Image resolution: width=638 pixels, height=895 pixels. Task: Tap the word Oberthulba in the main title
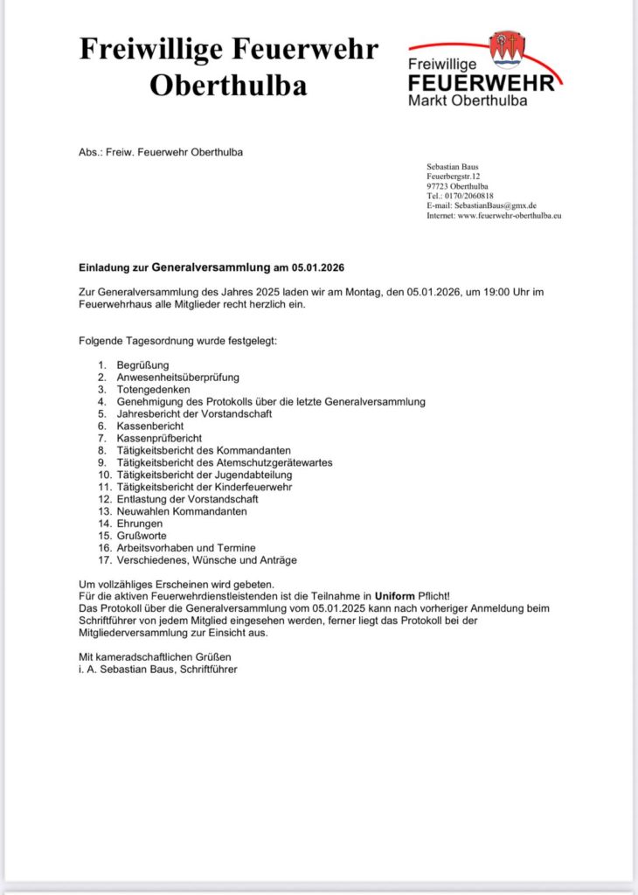tap(228, 85)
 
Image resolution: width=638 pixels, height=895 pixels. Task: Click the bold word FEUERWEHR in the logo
tap(481, 83)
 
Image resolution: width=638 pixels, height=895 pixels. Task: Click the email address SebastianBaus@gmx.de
tap(493, 205)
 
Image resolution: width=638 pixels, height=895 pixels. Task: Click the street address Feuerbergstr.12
tap(453, 177)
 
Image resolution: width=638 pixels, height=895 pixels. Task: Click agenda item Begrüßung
tap(142, 364)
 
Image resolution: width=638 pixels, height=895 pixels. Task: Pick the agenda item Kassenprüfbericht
tap(159, 438)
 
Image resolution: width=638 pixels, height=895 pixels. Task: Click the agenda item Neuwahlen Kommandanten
tap(182, 511)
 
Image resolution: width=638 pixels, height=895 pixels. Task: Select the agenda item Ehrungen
tap(139, 524)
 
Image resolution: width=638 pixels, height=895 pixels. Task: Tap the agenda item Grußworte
tap(142, 536)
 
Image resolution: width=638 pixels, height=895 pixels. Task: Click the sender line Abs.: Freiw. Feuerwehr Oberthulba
tap(161, 152)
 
